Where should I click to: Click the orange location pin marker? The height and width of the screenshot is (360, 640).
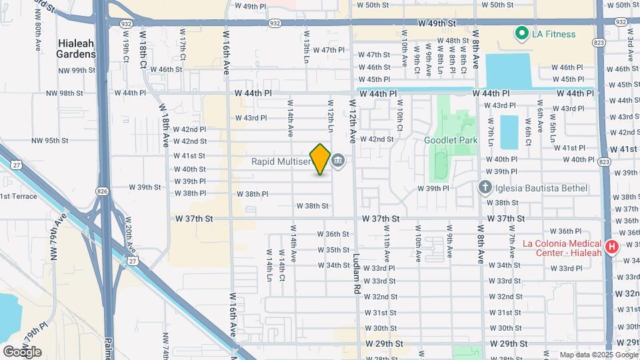tap(320, 159)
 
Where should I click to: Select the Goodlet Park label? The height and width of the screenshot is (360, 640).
tap(451, 140)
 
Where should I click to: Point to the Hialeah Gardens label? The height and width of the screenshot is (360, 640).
tap(76, 47)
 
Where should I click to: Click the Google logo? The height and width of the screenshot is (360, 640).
tap(22, 351)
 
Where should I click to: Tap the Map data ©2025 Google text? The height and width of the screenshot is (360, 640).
tap(597, 355)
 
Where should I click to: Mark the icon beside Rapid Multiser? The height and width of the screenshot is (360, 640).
tap(339, 161)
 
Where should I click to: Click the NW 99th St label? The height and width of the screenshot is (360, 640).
tap(74, 70)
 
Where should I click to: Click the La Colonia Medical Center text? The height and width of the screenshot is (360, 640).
tap(561, 247)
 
